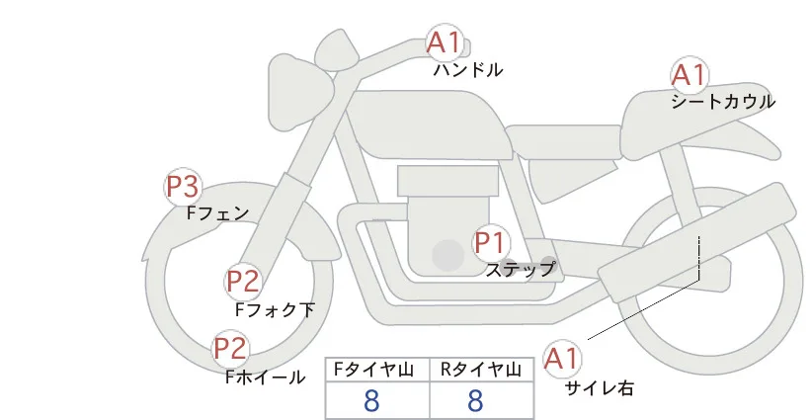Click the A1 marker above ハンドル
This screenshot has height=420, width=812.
coord(444,42)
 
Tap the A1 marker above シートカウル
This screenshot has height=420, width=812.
coord(689,75)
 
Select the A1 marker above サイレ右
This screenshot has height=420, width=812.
coord(561,359)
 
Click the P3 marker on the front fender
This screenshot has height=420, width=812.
coord(183,187)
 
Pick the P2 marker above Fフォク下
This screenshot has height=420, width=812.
coord(243,282)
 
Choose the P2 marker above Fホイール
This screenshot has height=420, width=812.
coord(231,348)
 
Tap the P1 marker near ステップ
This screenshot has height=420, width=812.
coord(491,242)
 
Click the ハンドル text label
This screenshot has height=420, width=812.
coord(467,69)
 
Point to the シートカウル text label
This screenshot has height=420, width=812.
coord(723,102)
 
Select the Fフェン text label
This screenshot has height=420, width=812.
coord(217,212)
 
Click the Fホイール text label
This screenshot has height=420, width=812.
coord(265,378)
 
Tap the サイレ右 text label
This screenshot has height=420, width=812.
coord(600,388)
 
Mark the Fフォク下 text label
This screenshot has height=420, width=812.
coord(275,309)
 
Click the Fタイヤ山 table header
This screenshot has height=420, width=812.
coord(373,370)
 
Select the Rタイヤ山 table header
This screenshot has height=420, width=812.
coord(480,370)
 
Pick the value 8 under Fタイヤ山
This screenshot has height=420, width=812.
coord(371,400)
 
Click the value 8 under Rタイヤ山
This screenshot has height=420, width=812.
coord(475,400)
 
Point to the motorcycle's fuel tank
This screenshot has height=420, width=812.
coord(425,124)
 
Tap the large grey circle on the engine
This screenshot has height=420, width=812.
coord(447,255)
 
